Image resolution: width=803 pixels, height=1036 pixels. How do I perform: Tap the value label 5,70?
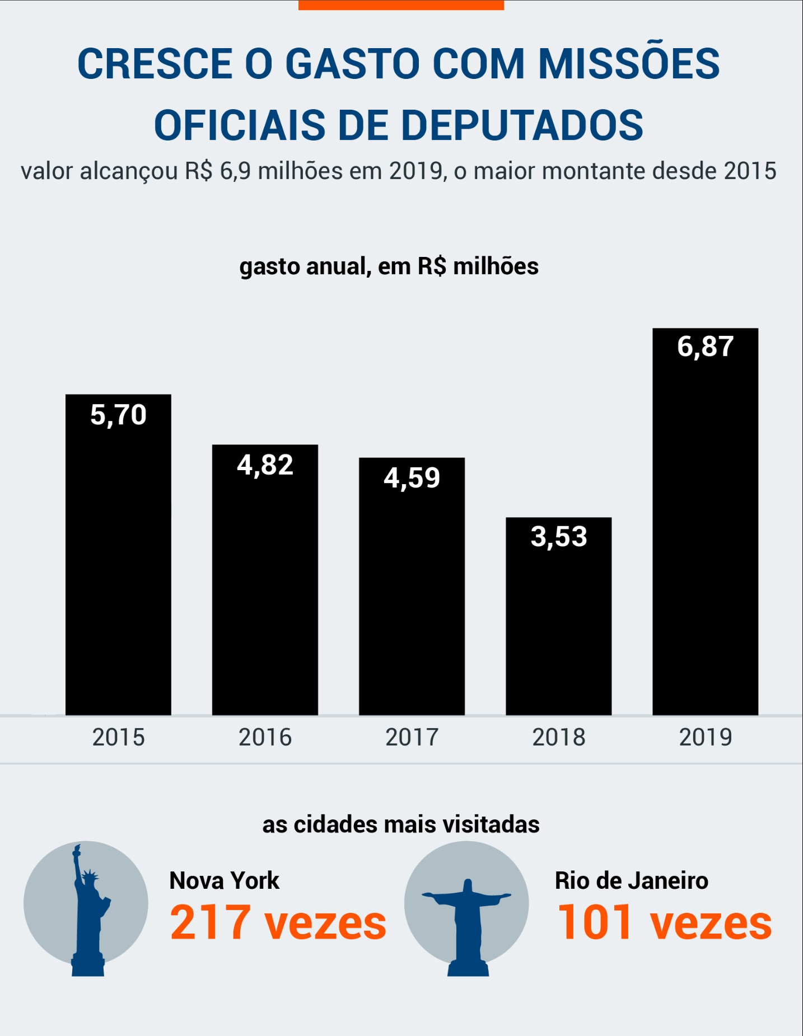coord(118,415)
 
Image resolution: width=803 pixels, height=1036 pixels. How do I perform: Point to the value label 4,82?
coord(265,465)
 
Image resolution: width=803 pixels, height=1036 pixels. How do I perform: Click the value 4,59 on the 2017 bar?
coord(412,478)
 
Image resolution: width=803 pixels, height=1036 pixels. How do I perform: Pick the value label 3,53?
coord(558,537)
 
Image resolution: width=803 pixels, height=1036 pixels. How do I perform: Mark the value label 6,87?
coord(705,346)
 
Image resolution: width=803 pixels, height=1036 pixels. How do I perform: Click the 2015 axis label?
coord(118,737)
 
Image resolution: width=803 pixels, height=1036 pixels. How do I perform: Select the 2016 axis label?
coord(265,737)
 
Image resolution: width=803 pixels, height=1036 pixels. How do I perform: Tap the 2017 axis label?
coord(412,737)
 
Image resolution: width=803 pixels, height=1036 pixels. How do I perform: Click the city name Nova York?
coord(224,881)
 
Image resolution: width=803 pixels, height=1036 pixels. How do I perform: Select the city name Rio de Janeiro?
coord(631,881)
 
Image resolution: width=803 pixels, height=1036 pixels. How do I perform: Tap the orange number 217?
coord(210,922)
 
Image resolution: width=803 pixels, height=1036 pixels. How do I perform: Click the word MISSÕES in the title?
coord(628,63)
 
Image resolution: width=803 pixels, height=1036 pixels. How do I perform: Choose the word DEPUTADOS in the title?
coord(522,125)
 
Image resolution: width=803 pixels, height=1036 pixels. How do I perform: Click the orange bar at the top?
coord(401,4)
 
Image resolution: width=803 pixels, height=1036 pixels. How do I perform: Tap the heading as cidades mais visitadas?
coord(401,824)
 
